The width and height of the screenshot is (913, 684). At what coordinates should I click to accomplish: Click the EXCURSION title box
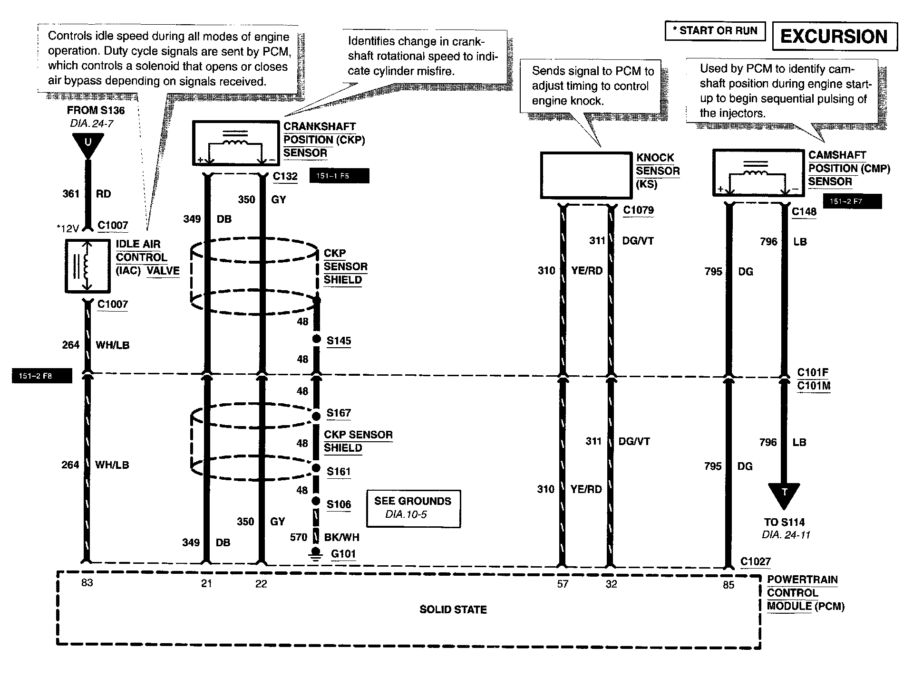[x=835, y=37]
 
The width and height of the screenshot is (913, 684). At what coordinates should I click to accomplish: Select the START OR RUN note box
[x=715, y=31]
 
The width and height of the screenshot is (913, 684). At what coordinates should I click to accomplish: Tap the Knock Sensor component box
[x=586, y=175]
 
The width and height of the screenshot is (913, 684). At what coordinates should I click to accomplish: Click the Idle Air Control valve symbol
[x=87, y=266]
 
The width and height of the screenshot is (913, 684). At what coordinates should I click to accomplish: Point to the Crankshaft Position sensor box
[x=235, y=143]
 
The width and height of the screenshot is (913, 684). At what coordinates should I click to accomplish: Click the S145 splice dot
[x=317, y=339]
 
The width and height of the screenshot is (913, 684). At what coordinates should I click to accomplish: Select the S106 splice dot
[x=316, y=501]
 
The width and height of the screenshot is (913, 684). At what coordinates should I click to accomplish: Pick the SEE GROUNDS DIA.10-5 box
[x=413, y=509]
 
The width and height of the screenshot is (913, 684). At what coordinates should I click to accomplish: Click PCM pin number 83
[x=87, y=583]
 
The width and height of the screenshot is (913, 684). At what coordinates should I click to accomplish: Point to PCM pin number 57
[x=563, y=584]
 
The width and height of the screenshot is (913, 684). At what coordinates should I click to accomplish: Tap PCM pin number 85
[x=728, y=585]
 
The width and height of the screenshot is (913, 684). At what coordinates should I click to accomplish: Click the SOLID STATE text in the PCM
[x=453, y=609]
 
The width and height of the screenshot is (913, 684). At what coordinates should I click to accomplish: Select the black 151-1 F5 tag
[x=339, y=176]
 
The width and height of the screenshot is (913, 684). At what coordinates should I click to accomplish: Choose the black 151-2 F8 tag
[x=42, y=376]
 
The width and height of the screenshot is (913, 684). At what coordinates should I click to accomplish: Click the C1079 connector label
[x=638, y=210]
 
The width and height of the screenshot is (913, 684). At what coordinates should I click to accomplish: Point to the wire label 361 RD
[x=87, y=194]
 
